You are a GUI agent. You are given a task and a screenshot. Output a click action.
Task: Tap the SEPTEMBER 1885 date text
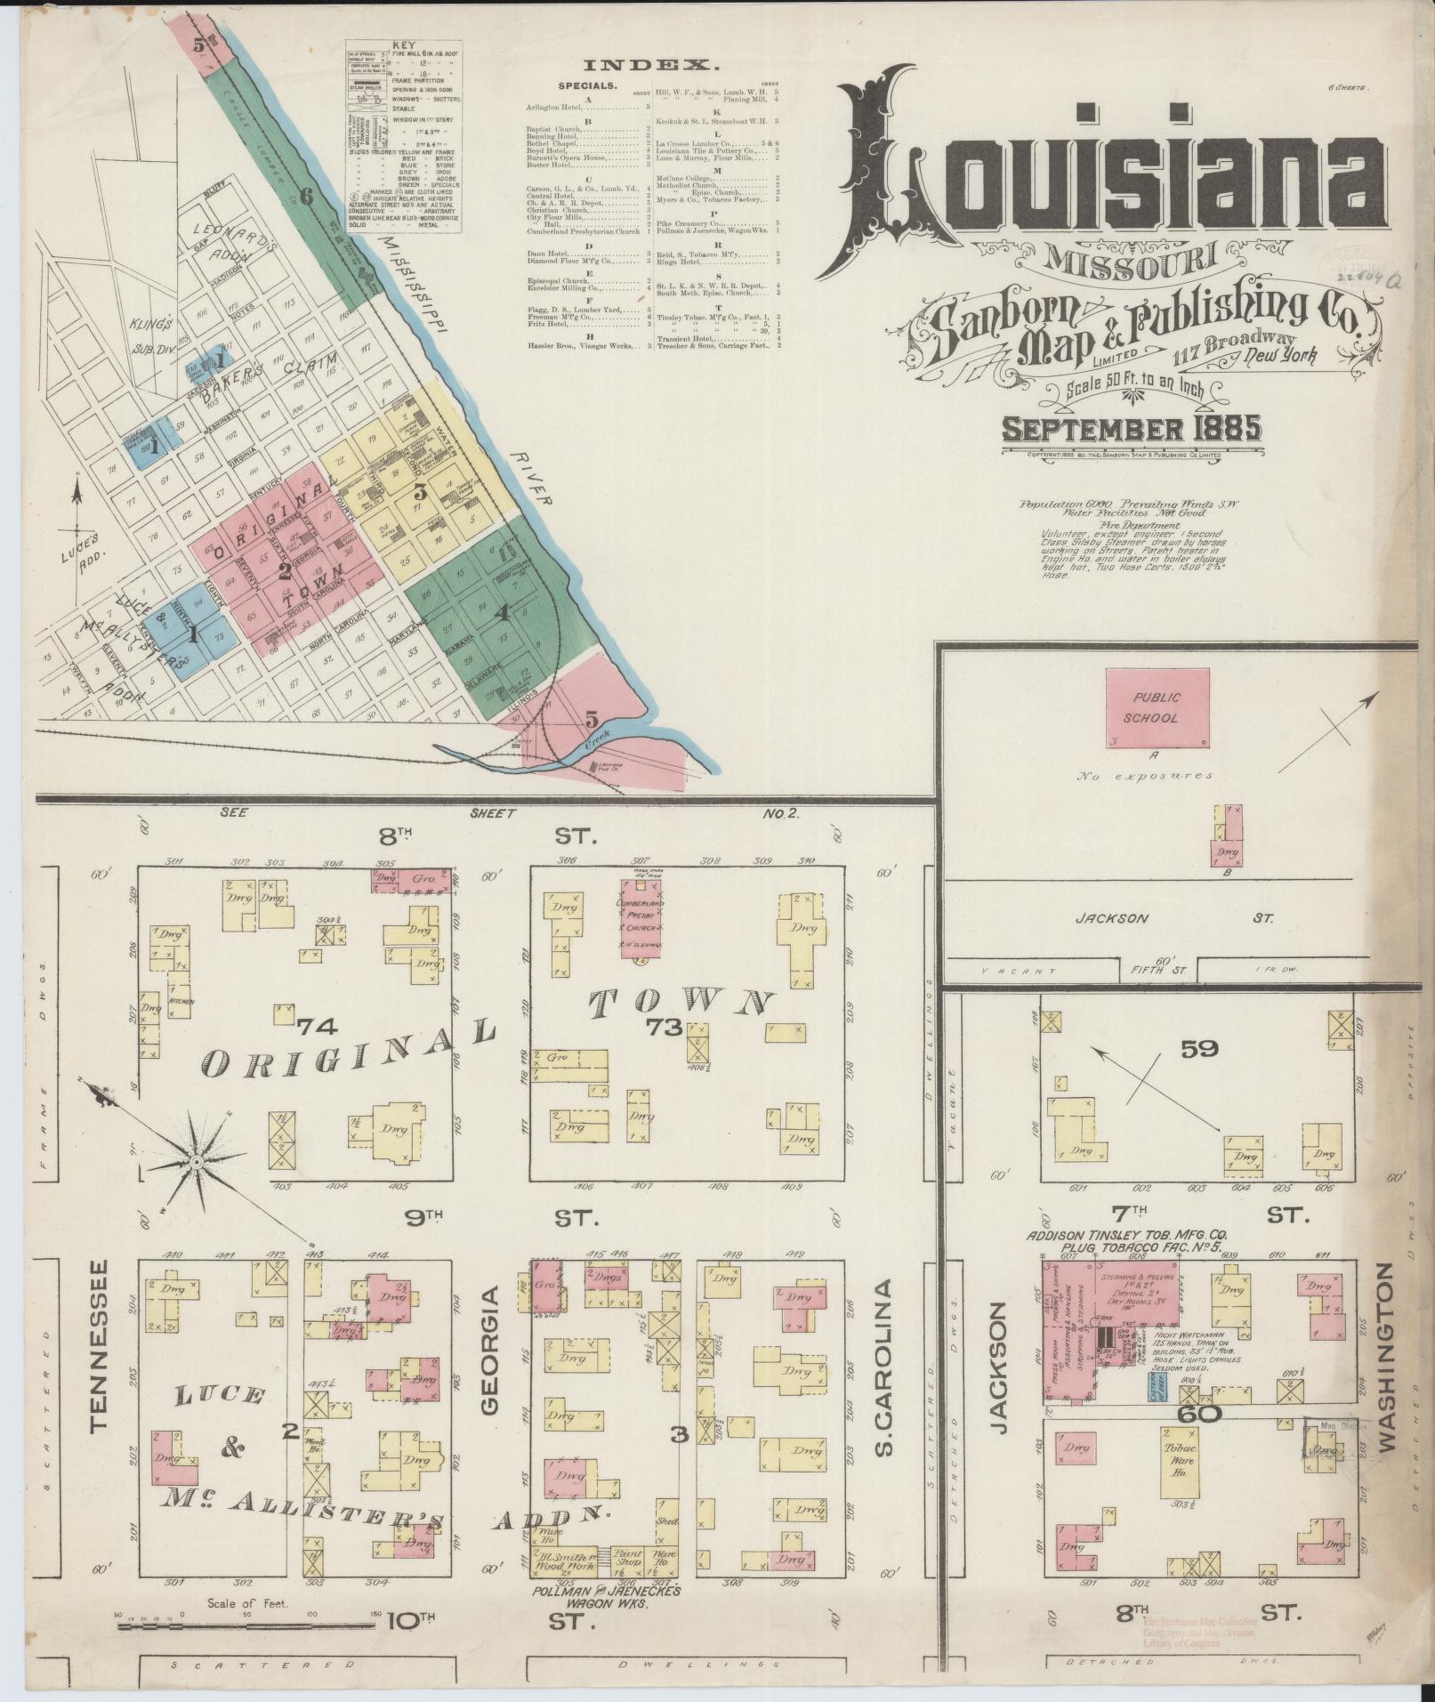coord(1131,430)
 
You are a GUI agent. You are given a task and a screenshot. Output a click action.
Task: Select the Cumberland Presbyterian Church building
coord(639,919)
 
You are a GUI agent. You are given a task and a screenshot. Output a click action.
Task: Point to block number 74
coord(316,1026)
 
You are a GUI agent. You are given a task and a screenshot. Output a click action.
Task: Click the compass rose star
coord(195,1162)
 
